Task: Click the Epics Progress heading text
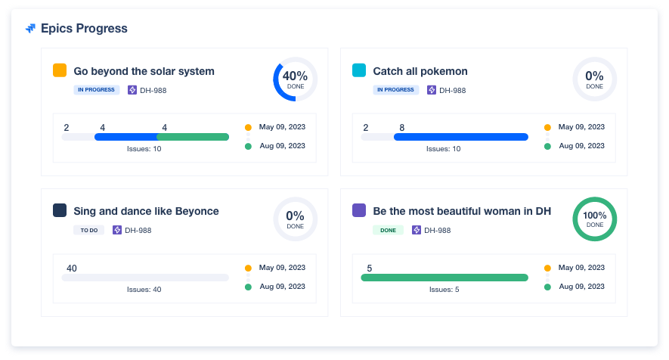[x=84, y=29]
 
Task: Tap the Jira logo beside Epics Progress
[x=30, y=29]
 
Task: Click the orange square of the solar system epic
[x=60, y=70]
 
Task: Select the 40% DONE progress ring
[x=295, y=79]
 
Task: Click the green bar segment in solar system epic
[x=193, y=137]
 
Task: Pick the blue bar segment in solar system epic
[x=125, y=137]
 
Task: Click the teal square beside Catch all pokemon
[x=360, y=70]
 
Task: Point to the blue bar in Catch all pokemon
[x=460, y=137]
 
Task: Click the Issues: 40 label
[x=144, y=290]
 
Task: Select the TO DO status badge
[x=88, y=230]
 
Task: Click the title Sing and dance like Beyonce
[x=146, y=211]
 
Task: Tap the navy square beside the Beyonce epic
[x=60, y=210]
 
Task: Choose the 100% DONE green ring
[x=594, y=219]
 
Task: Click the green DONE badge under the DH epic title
[x=388, y=230]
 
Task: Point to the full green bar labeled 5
[x=444, y=278]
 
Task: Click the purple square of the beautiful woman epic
[x=360, y=210]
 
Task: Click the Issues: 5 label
[x=444, y=290]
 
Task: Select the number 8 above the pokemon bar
[x=402, y=127]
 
